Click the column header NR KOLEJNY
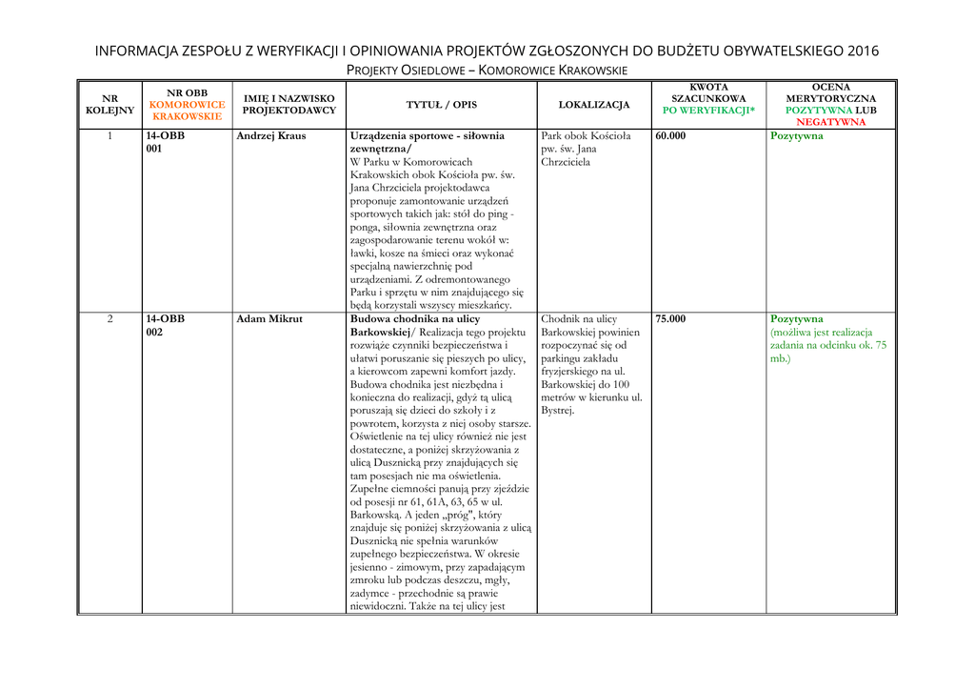pos(109,104)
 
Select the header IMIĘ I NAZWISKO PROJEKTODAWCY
pos(289,104)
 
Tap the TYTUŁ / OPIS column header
pos(442,104)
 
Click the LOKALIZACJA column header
pos(594,104)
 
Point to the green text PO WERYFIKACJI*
pos(708,111)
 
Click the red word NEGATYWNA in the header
pos(831,122)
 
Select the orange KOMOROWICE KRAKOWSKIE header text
pos(188,111)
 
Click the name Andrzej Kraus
pos(272,136)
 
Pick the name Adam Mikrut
pos(270,319)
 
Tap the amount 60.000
pos(670,136)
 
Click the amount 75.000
pos(670,319)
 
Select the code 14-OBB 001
pos(166,143)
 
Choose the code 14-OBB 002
pos(166,326)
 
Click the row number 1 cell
pos(109,136)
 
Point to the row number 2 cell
pos(109,319)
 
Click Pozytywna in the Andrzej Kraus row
pos(797,136)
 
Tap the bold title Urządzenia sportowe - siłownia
pos(428,136)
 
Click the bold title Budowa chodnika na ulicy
pos(415,319)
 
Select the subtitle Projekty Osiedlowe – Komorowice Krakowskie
pos(487,71)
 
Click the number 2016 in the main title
pos(861,51)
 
